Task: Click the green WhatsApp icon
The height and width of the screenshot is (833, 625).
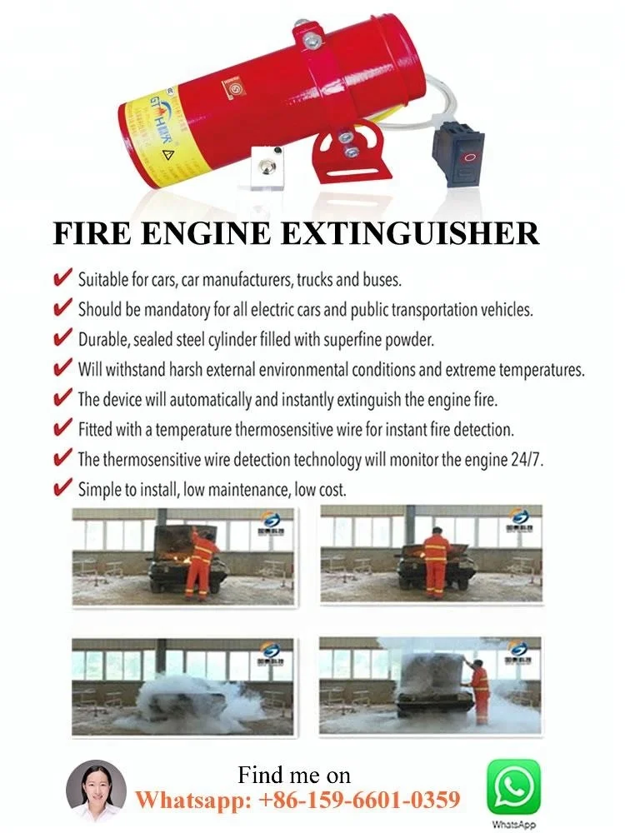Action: click(x=513, y=786)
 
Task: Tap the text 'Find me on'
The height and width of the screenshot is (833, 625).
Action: click(x=294, y=775)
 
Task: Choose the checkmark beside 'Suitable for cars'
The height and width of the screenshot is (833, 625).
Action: click(x=62, y=278)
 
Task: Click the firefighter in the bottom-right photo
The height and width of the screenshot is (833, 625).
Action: click(x=480, y=690)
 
